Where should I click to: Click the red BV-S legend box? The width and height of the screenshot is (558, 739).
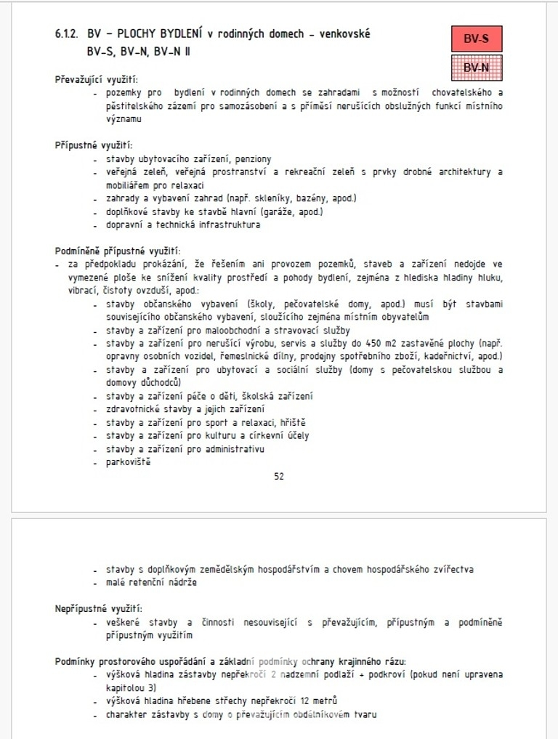coord(476,39)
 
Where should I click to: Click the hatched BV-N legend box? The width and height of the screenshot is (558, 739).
coord(476,68)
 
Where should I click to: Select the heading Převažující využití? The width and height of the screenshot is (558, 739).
coord(97,80)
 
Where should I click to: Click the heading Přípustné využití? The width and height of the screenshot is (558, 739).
coord(94,145)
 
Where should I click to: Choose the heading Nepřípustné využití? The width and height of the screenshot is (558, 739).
coord(99,608)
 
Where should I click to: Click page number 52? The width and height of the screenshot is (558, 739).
coord(279,477)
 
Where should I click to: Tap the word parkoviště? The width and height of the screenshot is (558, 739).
coord(129,461)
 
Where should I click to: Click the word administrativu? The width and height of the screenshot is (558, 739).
coord(234,448)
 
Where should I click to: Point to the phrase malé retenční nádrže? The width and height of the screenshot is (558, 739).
coord(150,582)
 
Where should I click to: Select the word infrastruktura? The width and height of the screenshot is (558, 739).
coord(226,225)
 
